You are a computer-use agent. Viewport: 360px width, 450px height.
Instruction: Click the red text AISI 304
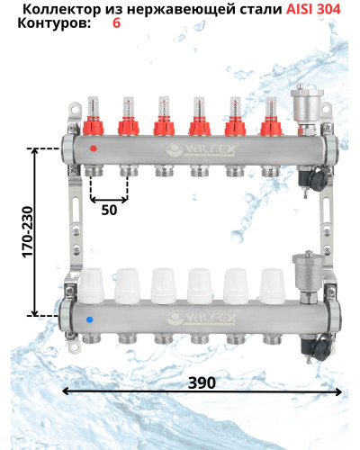pyautogui.click(x=313, y=10)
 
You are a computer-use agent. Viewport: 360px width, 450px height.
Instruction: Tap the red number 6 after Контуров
pyautogui.click(x=116, y=23)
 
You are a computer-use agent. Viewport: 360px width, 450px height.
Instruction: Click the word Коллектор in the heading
pyautogui.click(x=62, y=10)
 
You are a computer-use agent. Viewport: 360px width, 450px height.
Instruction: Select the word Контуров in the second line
pyautogui.click(x=54, y=23)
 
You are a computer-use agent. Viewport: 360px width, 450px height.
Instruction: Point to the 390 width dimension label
pyautogui.click(x=202, y=382)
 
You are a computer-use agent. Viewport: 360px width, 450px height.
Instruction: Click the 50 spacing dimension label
pyautogui.click(x=109, y=210)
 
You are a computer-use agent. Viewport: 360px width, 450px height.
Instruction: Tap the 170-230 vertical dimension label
pyautogui.click(x=28, y=231)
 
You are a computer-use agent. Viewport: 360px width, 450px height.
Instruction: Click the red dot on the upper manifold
pyautogui.click(x=94, y=148)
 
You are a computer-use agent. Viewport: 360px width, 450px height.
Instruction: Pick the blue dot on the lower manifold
pyautogui.click(x=89, y=319)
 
